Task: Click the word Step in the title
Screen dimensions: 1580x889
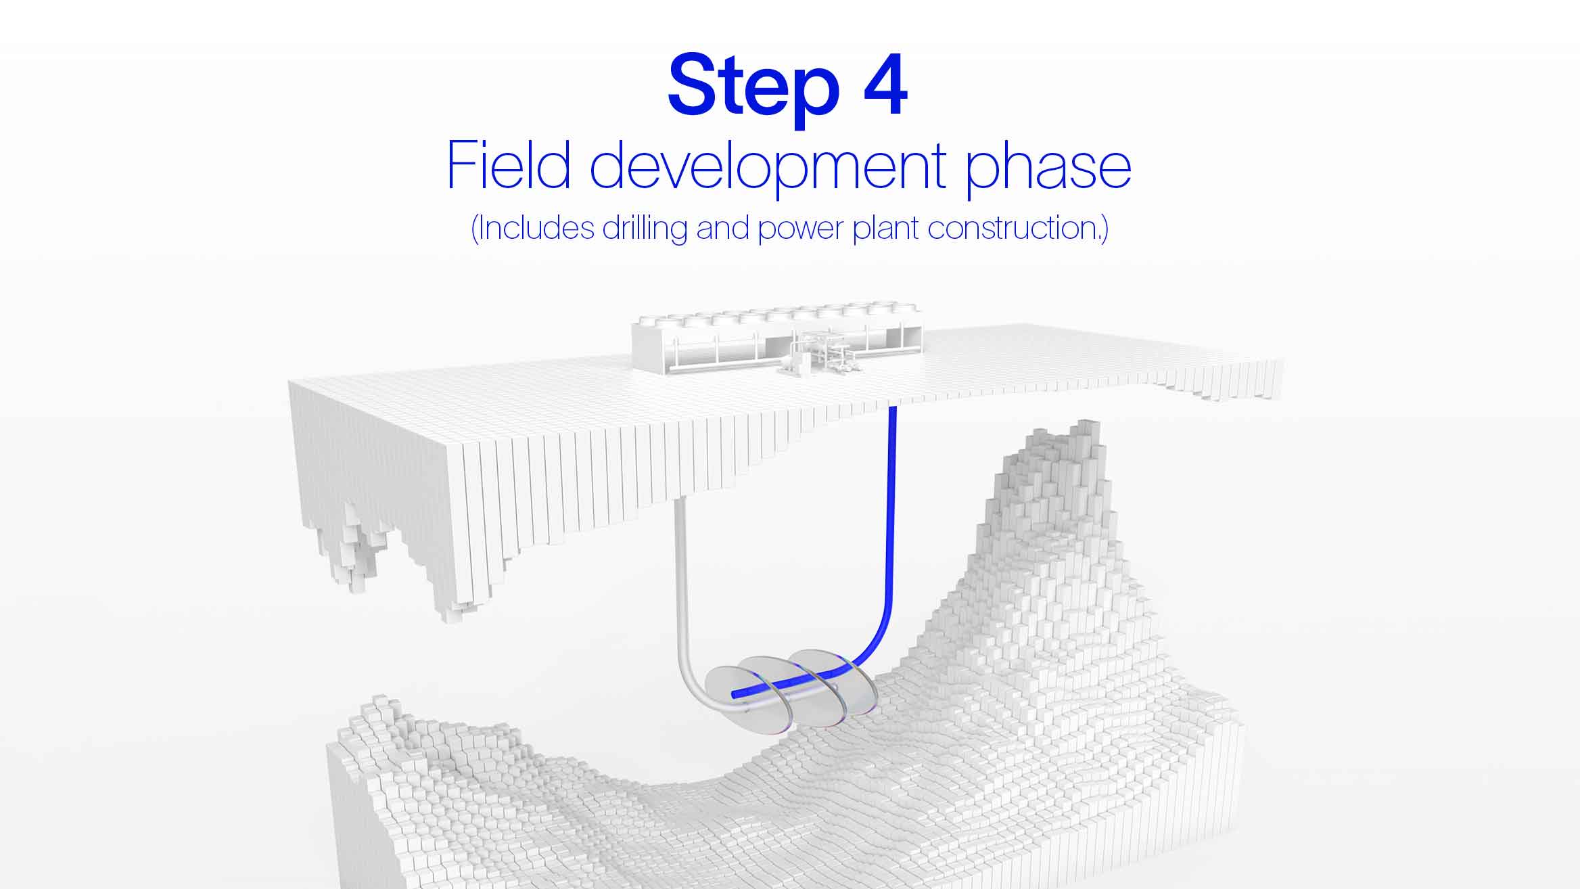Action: [753, 88]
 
